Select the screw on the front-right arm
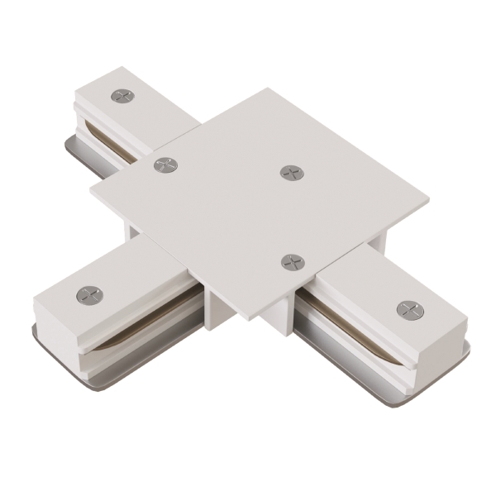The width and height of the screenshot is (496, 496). click(x=408, y=310)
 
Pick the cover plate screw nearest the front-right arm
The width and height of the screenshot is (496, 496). click(x=292, y=262)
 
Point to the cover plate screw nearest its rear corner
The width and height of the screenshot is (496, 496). click(x=291, y=172)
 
